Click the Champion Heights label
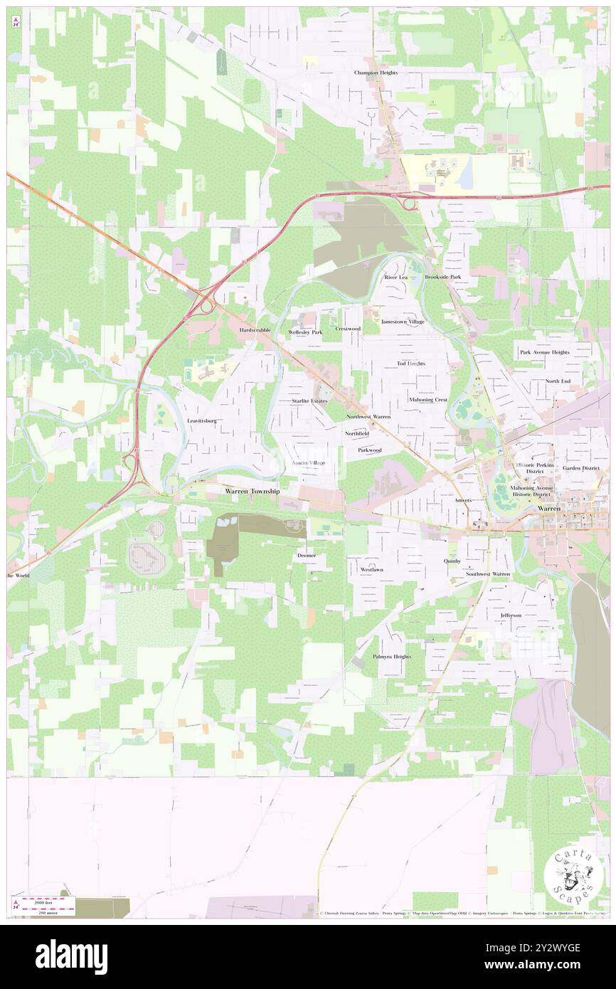coord(376,73)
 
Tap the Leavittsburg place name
coord(201,421)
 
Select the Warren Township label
coord(253,492)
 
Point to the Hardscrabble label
coord(255,331)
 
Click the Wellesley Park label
coord(305,332)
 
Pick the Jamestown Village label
coord(403,322)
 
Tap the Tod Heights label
coord(411,364)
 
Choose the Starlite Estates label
coord(309,401)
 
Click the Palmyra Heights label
coord(392,656)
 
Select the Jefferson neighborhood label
coord(511,615)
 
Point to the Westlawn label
coord(371,570)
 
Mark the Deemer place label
coord(307,554)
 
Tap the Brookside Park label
coord(443,276)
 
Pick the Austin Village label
coord(309,462)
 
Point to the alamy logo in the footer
coord(71,957)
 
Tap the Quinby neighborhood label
coord(452,561)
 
